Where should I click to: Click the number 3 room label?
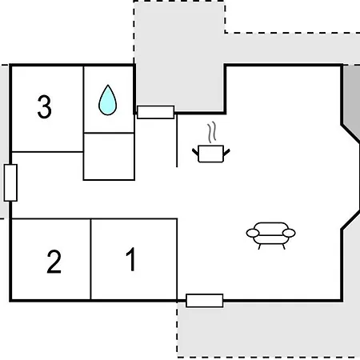[x=44, y=106]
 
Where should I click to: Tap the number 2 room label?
[x=54, y=262]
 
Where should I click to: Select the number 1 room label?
[x=131, y=259]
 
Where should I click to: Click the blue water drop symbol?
[x=107, y=100]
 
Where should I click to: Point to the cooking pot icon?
[x=211, y=154]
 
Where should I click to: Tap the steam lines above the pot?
[x=212, y=132]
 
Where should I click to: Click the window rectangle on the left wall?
[x=10, y=182]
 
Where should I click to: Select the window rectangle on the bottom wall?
[x=205, y=301]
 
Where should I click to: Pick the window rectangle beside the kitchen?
[x=156, y=112]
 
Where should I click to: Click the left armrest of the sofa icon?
[x=253, y=233]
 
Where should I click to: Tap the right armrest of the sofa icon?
[x=289, y=233]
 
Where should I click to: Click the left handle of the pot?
[x=195, y=152]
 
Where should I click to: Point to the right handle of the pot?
[x=226, y=152]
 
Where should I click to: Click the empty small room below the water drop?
[x=109, y=157]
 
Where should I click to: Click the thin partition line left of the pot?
[x=177, y=141]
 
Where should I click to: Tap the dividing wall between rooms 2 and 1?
[x=90, y=259]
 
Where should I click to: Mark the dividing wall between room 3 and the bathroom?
[x=83, y=109]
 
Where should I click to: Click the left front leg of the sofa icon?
[x=259, y=247]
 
